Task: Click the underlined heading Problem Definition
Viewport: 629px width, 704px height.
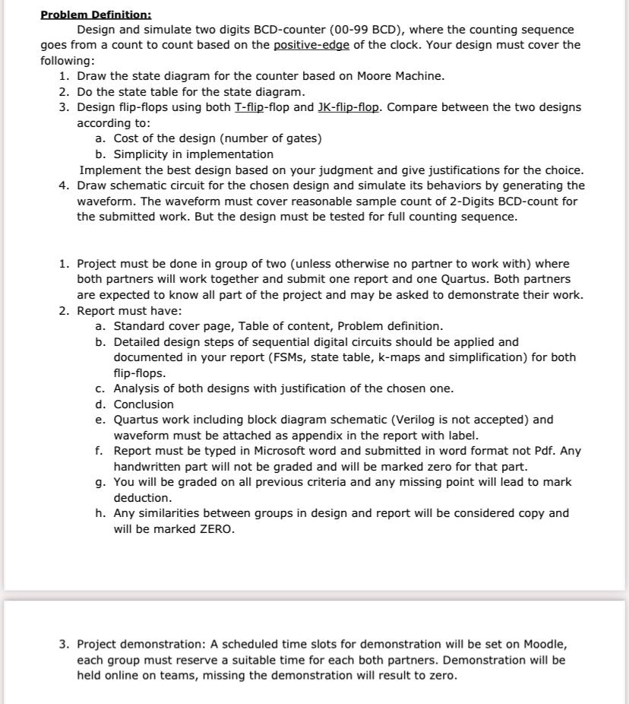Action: click(96, 14)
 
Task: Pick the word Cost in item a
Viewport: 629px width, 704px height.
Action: click(128, 138)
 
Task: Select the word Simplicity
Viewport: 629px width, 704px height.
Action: click(143, 154)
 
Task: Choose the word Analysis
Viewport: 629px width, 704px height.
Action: click(137, 388)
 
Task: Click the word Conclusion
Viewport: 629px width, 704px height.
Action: click(144, 404)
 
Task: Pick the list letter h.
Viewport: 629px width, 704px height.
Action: click(100, 513)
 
